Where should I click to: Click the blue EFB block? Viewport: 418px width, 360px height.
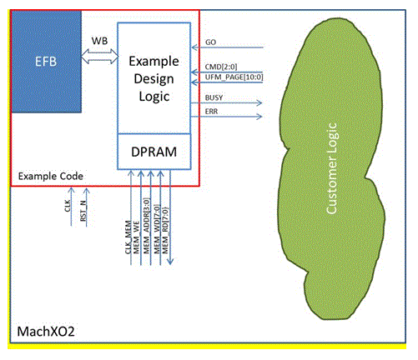point(45,62)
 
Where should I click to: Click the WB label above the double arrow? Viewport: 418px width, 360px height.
point(98,39)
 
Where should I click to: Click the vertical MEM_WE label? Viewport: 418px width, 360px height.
point(140,234)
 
